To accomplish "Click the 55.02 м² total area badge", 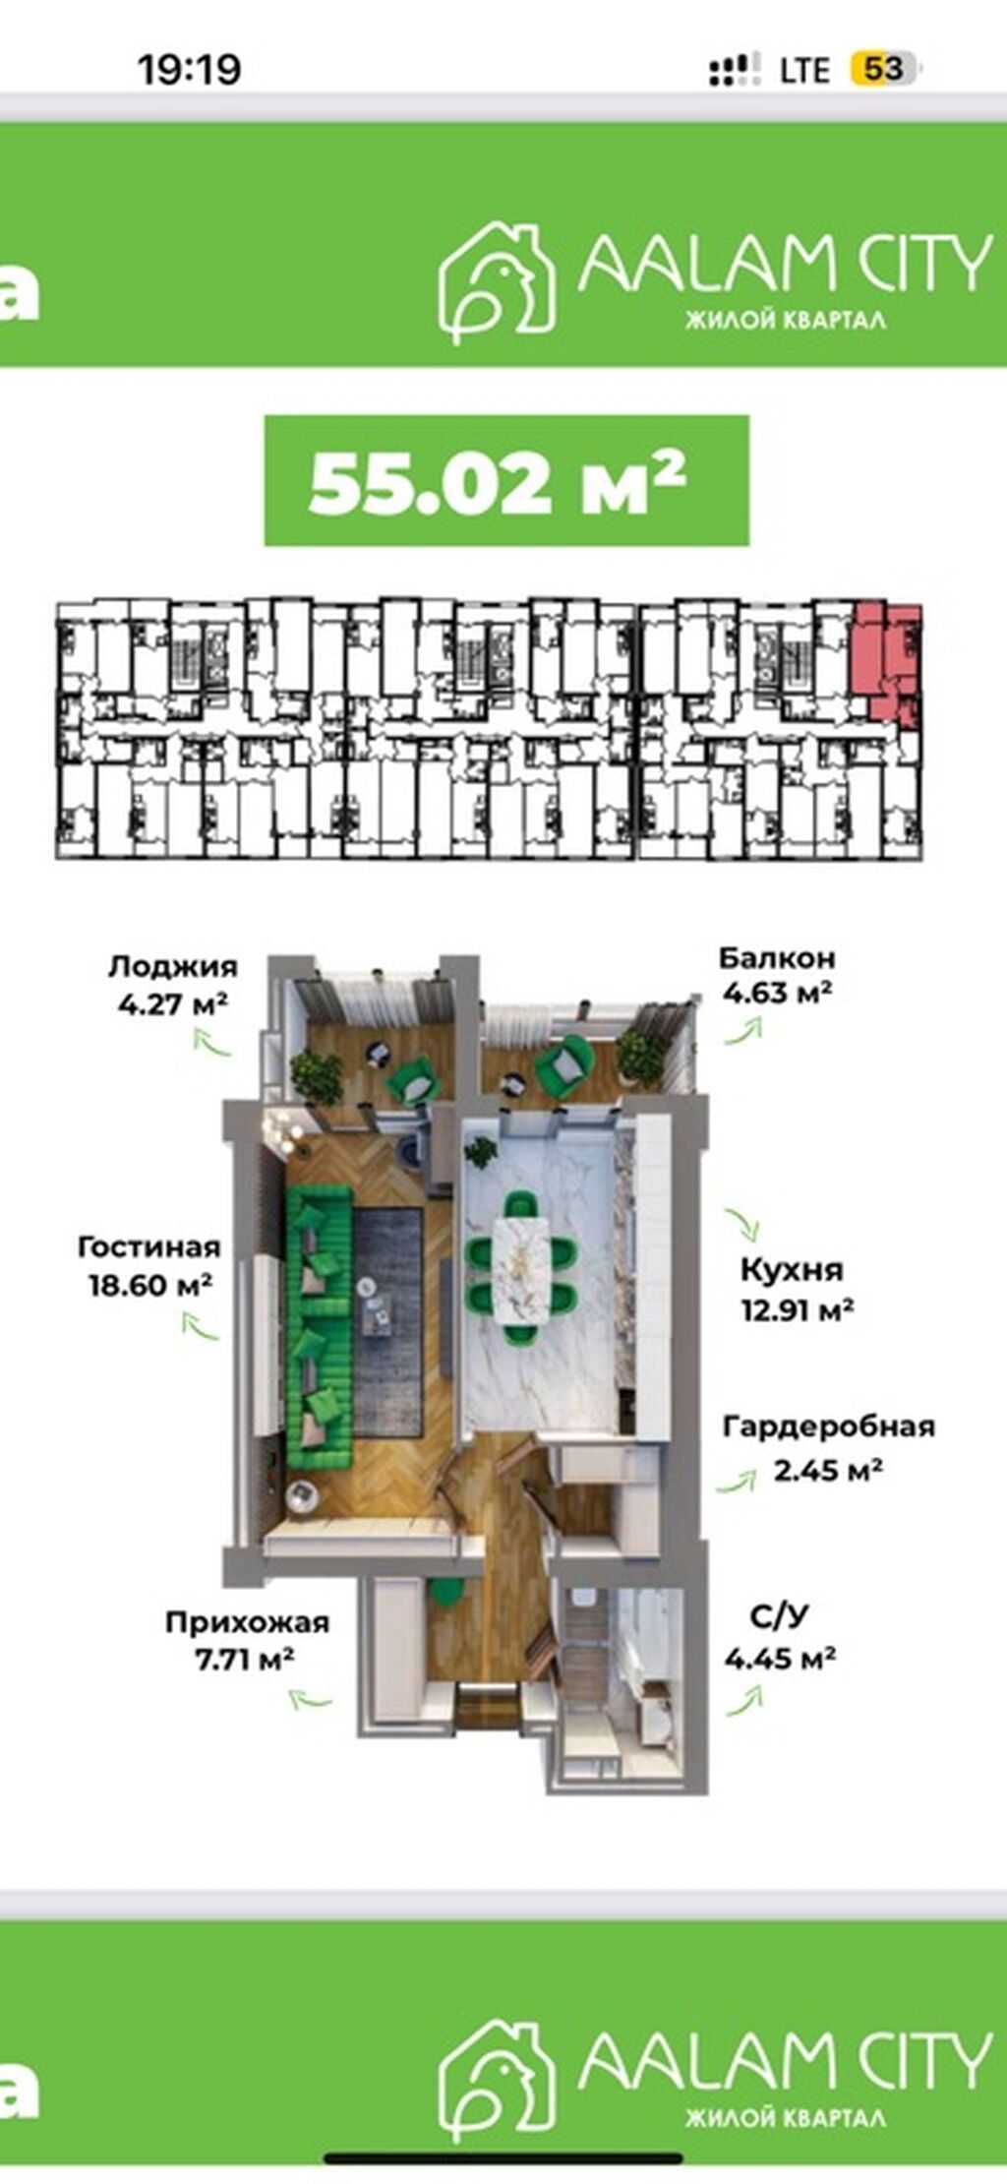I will tap(506, 481).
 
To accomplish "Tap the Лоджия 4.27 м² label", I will tap(173, 986).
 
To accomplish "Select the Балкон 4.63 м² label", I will tap(778, 975).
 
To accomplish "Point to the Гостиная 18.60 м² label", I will tap(149, 1266).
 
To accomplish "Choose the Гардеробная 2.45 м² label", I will tap(828, 1447).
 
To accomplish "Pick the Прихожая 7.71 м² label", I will tap(247, 1640).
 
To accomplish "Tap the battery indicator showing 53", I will tap(883, 69).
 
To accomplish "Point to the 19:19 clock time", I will tap(189, 69).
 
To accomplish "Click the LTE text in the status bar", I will tap(804, 70).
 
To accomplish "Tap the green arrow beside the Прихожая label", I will tap(311, 1697).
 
